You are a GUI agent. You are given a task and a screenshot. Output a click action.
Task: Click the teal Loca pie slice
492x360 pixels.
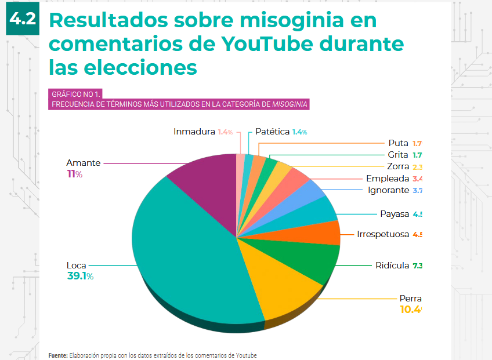186,255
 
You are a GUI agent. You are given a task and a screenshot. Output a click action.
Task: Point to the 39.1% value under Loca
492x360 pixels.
80,277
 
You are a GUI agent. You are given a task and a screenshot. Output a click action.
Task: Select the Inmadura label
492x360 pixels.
194,132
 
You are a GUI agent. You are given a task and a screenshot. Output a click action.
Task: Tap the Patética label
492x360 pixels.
272,132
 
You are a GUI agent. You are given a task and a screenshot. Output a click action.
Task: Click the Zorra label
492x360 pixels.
398,167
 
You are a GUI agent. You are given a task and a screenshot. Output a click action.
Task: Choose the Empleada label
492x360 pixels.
388,179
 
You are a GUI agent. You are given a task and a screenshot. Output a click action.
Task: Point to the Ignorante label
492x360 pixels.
389,190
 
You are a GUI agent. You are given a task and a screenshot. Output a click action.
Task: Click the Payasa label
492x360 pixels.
395,214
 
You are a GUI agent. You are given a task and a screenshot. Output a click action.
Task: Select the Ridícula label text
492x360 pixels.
392,266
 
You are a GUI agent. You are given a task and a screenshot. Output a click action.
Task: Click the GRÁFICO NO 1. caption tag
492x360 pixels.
77,93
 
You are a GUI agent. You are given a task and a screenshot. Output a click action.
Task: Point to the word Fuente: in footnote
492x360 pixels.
58,355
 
